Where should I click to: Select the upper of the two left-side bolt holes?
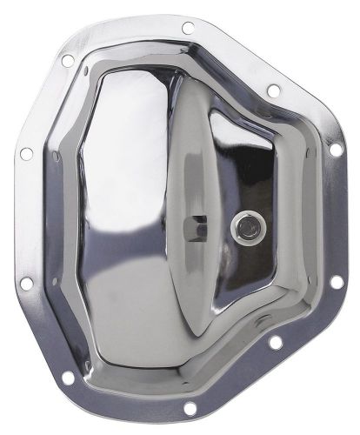26,152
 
